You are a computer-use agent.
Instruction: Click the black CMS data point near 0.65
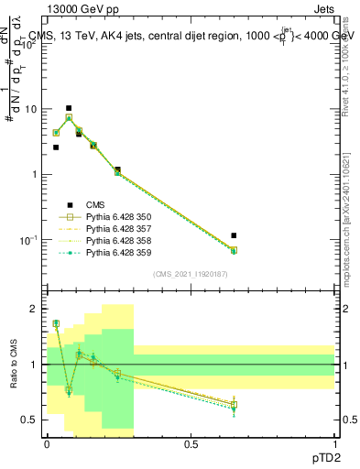(234, 235)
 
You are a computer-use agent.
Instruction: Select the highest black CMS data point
(69, 108)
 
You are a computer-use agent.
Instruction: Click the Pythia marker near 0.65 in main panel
(234, 250)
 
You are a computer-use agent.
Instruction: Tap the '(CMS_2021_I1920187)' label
(190, 274)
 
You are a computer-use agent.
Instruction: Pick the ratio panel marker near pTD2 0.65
(234, 404)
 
